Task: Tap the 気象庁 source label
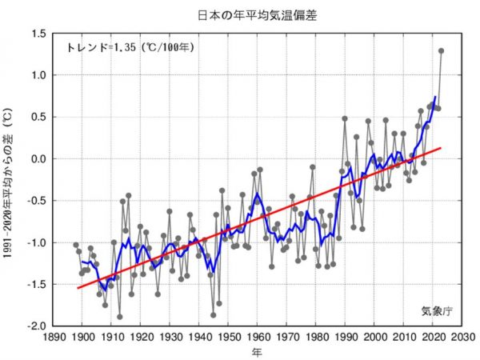tap(436, 310)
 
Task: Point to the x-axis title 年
tap(255, 351)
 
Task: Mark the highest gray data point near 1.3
tap(441, 51)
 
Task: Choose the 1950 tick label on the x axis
tap(229, 337)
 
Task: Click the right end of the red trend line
tap(441, 147)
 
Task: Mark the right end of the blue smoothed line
tap(435, 97)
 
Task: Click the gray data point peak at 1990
tap(345, 118)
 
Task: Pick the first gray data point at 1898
tap(76, 245)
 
